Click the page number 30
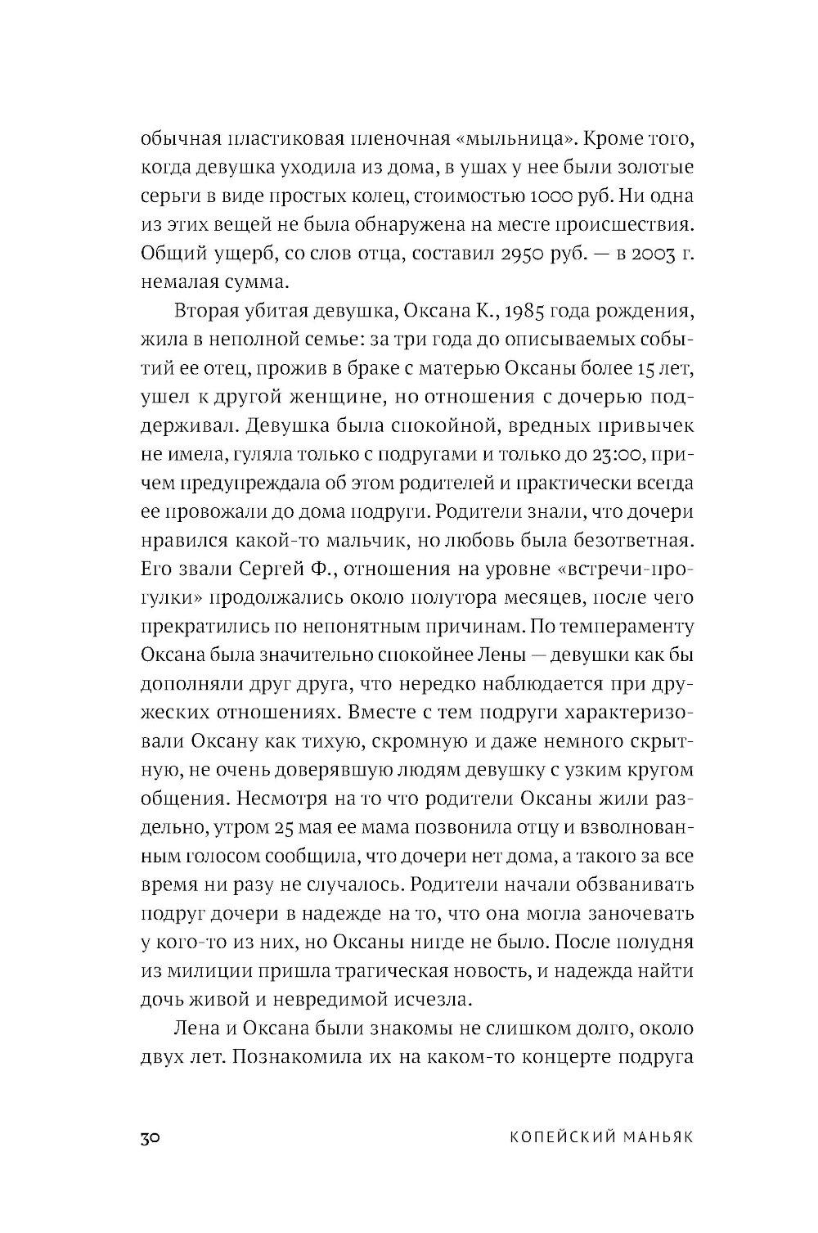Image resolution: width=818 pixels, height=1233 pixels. pos(155,1138)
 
